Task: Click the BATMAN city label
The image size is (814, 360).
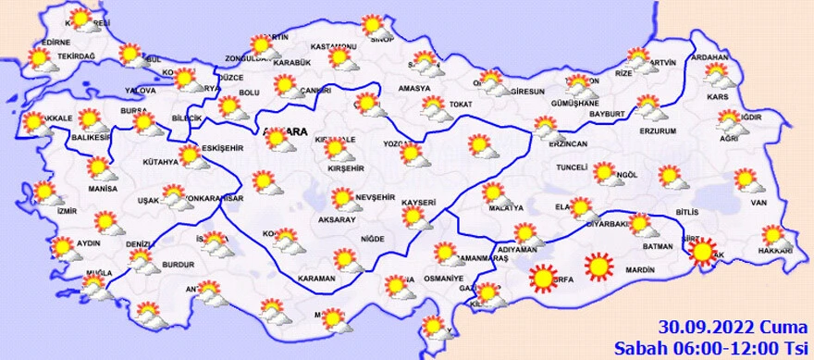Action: click(x=657, y=247)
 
